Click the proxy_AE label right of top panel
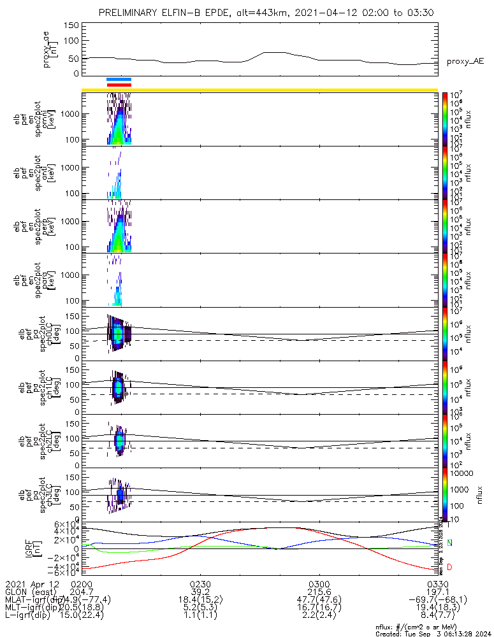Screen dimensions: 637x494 pos(465,62)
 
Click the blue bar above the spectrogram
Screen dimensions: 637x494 pos(119,79)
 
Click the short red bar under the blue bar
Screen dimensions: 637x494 pos(119,84)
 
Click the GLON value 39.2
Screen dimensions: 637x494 pos(201,592)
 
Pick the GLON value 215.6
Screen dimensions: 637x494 pos(319,592)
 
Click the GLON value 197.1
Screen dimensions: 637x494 pos(437,592)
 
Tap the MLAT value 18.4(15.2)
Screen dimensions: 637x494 pos(201,599)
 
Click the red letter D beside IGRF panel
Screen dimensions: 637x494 pos(449,566)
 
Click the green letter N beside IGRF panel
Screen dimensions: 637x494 pos(449,543)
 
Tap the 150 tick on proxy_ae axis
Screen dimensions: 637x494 pos(71,25)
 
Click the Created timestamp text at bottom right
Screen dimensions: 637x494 pos(433,633)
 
